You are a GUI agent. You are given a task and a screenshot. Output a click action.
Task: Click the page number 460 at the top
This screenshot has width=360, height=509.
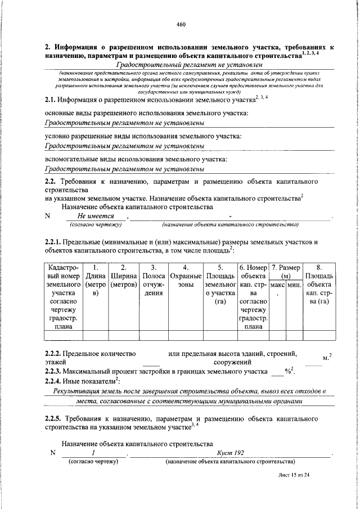point(180,24)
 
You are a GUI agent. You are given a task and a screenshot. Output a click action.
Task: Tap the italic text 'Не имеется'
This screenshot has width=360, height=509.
point(96,216)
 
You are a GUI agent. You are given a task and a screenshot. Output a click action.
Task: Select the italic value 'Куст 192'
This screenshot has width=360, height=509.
point(230,453)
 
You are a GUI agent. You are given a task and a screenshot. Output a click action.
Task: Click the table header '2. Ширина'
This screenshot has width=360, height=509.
point(124,276)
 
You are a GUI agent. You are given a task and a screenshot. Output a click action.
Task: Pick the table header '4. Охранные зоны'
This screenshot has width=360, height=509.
point(186,276)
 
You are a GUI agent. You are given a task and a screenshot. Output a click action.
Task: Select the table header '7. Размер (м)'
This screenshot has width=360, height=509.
point(285,272)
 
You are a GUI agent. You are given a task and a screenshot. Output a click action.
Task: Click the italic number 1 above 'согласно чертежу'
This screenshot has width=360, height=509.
point(93,453)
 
